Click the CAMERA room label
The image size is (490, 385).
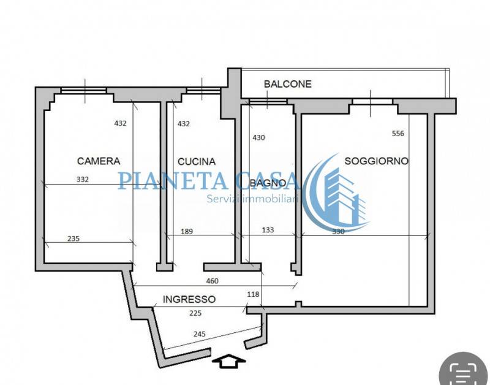click(99, 161)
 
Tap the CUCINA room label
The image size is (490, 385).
click(197, 162)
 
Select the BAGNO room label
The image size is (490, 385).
click(268, 183)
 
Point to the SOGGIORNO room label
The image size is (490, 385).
click(377, 161)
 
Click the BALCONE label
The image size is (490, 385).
click(288, 84)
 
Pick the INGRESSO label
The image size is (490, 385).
click(189, 299)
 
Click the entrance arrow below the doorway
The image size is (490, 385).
click(228, 361)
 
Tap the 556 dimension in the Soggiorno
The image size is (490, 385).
click(398, 134)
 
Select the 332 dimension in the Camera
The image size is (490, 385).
click(83, 180)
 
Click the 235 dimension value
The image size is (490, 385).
click(73, 238)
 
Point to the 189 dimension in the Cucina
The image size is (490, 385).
click(187, 232)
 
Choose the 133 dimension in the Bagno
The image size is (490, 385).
click(268, 230)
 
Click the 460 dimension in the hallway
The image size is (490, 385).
click(212, 281)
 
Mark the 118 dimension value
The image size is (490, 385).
click(253, 294)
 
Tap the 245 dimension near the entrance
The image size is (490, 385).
click(200, 334)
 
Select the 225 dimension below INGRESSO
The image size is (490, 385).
click(195, 313)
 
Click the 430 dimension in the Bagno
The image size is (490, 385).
click(258, 137)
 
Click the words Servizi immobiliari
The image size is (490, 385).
click(253, 199)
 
